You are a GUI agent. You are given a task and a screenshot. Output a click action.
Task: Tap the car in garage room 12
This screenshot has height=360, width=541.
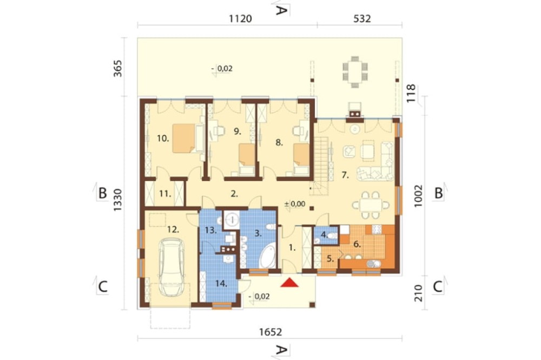[x=171, y=267]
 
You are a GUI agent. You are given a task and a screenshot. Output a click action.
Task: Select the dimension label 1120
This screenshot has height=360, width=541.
[x=240, y=18]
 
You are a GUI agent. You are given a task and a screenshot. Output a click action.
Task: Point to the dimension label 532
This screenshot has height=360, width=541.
[x=362, y=18]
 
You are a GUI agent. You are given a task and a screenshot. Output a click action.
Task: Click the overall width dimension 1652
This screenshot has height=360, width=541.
[x=270, y=332]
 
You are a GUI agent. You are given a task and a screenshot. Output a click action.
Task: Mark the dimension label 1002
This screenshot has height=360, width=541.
[x=418, y=196]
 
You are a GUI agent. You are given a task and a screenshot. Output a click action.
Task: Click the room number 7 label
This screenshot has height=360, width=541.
[x=345, y=175]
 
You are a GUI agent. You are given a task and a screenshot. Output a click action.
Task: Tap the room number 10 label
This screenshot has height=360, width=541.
[x=163, y=138]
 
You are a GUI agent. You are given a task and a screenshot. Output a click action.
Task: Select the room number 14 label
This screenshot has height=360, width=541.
[x=221, y=283]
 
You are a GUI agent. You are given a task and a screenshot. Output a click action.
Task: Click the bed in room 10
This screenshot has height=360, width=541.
[x=184, y=138]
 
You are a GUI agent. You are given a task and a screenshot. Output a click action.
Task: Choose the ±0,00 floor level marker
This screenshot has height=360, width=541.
[x=295, y=204]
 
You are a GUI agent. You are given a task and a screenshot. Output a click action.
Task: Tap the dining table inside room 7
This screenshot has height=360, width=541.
[x=371, y=205]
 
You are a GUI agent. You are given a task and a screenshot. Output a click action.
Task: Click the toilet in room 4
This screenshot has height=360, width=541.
[x=332, y=236]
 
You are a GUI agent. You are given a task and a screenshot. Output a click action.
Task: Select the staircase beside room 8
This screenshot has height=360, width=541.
[x=321, y=165]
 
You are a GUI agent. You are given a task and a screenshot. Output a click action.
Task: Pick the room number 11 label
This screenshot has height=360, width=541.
[x=165, y=194]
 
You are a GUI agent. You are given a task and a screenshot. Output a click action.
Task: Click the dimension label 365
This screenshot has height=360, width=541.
[x=118, y=68]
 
